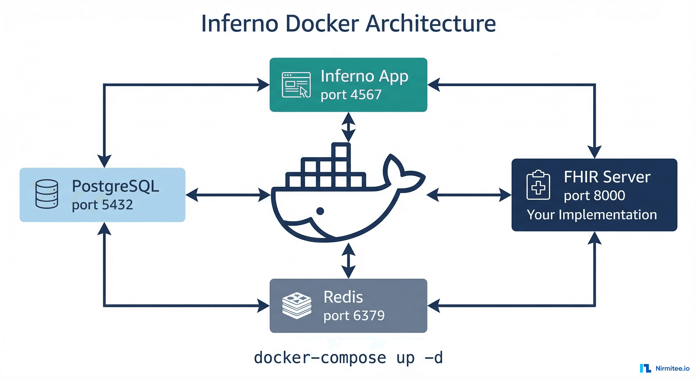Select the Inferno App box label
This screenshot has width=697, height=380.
coord(364,76)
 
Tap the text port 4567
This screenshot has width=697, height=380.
coord(351,95)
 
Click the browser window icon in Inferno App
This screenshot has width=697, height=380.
coord(296,85)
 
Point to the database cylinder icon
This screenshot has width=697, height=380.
coord(47,194)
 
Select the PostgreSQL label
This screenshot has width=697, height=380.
coord(116,186)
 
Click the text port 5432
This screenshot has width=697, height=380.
coord(102,205)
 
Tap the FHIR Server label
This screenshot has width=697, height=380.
coord(607,177)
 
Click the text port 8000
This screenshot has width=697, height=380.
coord(594,195)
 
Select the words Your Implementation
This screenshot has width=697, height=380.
coord(592,215)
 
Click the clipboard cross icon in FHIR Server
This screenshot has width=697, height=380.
coord(538,185)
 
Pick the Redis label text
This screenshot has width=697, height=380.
coord(343,297)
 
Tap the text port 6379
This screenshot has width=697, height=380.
coord(354,316)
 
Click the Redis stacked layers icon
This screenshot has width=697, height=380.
coord(297,306)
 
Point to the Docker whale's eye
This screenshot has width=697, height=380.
coord(320,211)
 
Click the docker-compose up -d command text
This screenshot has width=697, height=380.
coord(348,357)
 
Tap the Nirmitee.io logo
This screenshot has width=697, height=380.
coord(665,368)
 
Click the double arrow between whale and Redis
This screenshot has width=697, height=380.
coord(348,261)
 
